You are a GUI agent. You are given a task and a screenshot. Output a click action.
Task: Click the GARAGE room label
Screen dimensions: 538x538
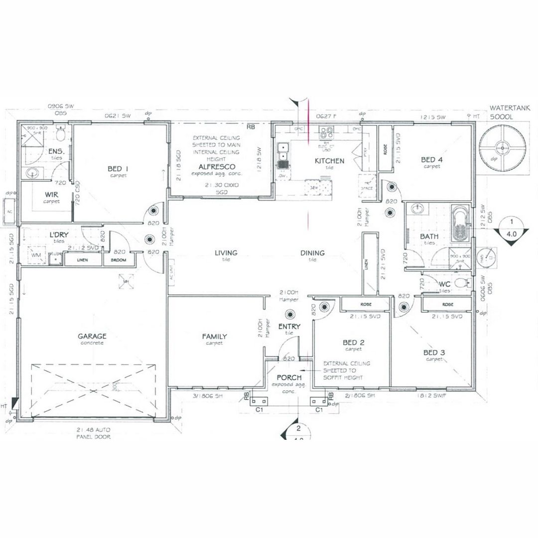pos(92,336)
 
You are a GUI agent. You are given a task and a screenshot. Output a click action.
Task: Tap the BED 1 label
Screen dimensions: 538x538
pos(118,169)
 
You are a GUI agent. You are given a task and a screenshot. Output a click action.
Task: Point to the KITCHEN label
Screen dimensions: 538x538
pos(329,161)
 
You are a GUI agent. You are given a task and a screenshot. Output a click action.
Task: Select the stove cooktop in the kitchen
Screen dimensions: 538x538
pos(327,133)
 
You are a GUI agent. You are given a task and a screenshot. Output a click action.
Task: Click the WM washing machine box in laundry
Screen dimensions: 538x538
pos(35,255)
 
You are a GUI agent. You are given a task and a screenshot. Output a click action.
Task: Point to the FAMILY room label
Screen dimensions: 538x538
pos(215,337)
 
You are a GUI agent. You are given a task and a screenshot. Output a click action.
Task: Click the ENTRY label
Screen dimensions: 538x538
pos(289,327)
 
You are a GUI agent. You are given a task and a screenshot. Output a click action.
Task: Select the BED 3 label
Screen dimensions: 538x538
pos(434,353)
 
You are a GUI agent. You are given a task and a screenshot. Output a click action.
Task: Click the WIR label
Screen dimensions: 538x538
pos(51,195)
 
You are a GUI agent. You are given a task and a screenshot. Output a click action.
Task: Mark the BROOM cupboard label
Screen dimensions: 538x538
pos(119,260)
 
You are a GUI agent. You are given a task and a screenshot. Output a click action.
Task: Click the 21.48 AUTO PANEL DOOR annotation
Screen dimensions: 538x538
pos(93,432)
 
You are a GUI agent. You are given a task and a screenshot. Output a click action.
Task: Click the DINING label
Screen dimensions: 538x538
pos(312,253)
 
